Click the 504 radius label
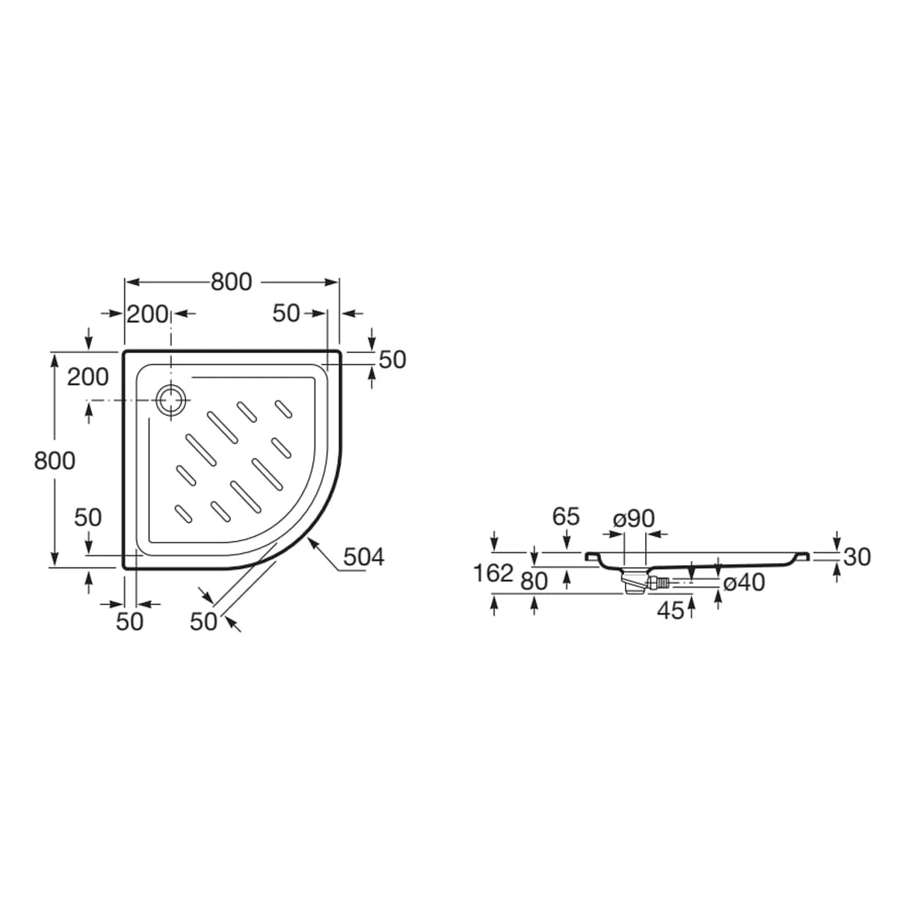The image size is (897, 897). [x=363, y=557]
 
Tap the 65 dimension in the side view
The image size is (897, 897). [x=566, y=517]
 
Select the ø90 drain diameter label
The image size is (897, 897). [x=634, y=518]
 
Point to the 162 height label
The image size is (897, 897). [x=493, y=573]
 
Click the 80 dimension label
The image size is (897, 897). [x=534, y=582]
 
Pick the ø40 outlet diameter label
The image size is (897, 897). [x=744, y=582]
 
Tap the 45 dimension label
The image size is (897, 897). [x=671, y=610]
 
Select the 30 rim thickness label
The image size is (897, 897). [x=857, y=557]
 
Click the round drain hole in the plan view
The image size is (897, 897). [x=171, y=401]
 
